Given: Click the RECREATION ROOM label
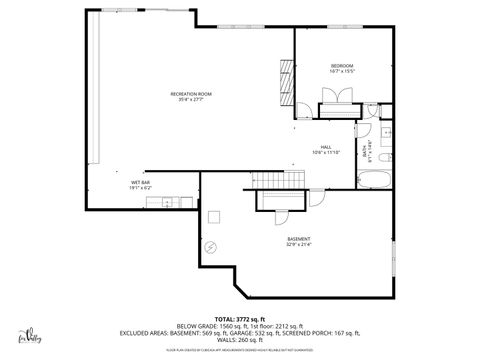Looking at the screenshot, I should (x=189, y=93).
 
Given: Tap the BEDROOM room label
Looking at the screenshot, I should (x=342, y=67).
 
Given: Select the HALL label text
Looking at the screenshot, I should (x=326, y=146).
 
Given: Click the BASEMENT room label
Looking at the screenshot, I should (x=299, y=238).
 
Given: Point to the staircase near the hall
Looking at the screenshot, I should (x=281, y=179).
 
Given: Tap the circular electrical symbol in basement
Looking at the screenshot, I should (x=210, y=246).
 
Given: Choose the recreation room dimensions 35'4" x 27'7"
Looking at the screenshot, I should (x=189, y=99).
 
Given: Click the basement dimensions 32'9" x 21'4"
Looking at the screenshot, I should (x=299, y=244).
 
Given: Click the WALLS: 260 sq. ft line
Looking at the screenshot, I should (x=239, y=339).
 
